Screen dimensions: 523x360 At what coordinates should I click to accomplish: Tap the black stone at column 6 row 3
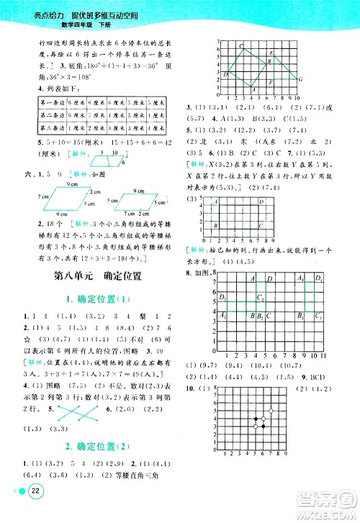click(x=262, y=426)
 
